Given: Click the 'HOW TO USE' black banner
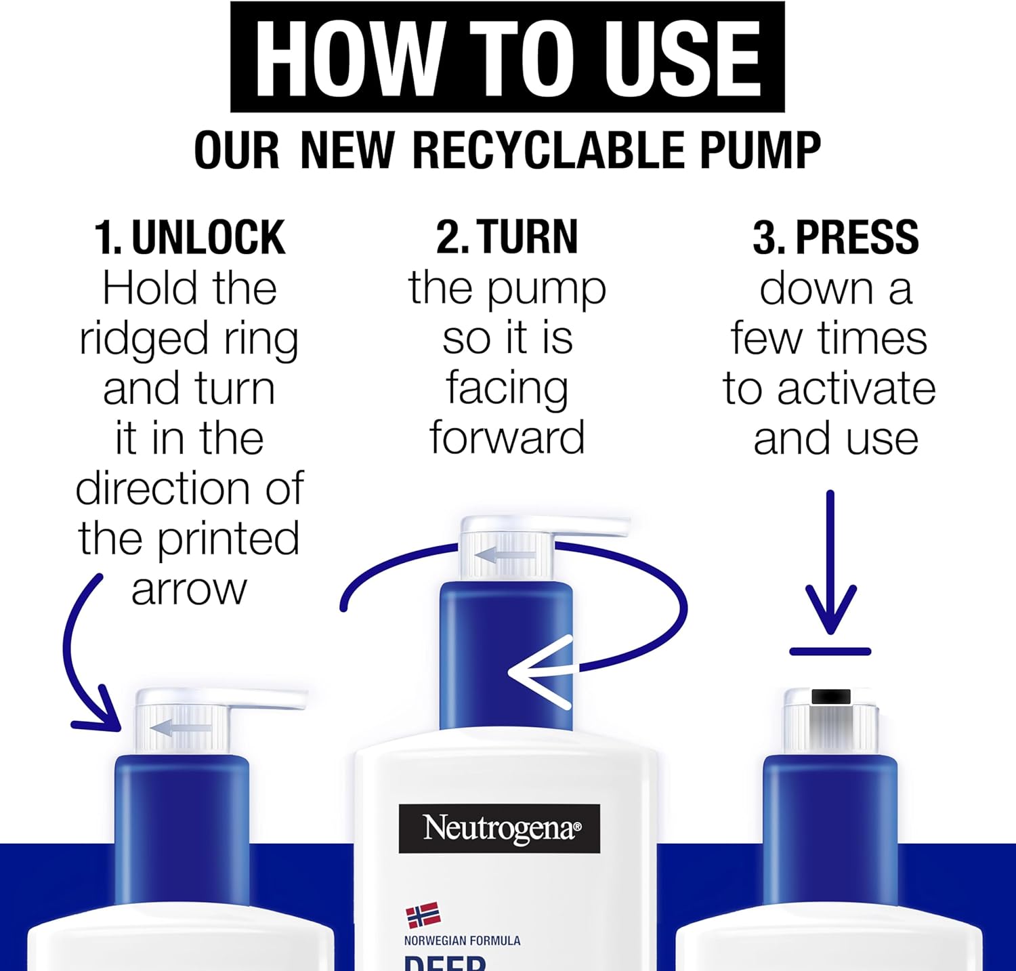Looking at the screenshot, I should click(507, 58).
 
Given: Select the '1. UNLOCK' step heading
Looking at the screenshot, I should click(190, 238).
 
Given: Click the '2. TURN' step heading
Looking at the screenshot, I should click(507, 238).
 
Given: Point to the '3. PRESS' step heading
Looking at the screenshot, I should click(835, 238).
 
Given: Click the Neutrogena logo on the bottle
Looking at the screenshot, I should click(499, 828).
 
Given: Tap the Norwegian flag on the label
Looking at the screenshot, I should click(423, 915).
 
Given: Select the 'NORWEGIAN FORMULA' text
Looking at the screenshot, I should click(462, 941).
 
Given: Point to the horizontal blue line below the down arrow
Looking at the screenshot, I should click(830, 652).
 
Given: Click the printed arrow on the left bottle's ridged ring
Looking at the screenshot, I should click(179, 729).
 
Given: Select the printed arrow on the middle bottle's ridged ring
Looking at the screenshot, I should click(505, 556).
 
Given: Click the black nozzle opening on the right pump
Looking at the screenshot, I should click(830, 696).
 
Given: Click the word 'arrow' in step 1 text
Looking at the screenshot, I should click(189, 590).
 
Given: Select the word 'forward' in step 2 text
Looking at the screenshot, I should click(507, 438).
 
